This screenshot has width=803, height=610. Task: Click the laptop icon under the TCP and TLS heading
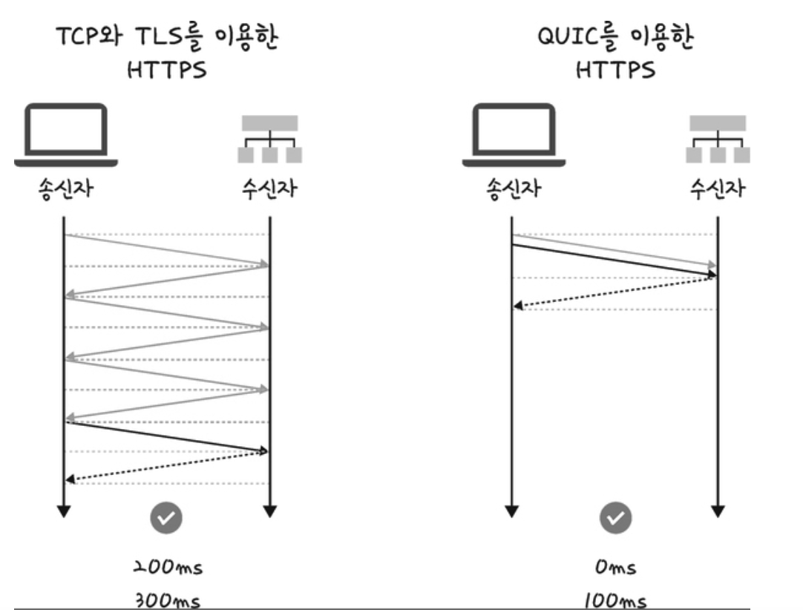point(65,135)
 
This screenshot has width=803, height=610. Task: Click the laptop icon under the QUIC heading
point(514,135)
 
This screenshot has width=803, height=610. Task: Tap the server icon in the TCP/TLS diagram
point(270,140)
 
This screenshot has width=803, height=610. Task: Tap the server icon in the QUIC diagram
point(718,140)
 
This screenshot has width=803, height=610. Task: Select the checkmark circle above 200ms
point(166,518)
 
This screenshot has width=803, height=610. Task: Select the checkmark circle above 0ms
point(615,518)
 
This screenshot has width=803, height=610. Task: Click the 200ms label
point(168,567)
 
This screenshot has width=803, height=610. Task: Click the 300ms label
point(168,600)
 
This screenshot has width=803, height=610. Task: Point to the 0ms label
point(615,567)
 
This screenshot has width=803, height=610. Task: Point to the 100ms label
point(615,600)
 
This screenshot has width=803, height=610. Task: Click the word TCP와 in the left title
point(89,36)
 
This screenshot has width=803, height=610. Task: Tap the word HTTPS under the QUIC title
point(615,70)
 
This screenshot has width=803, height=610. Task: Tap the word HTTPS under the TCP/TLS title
point(167,70)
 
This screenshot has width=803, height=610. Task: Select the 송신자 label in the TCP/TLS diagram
point(65,188)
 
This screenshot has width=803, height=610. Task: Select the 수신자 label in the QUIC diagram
point(718,188)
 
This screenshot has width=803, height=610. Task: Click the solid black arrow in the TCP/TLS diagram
point(167,436)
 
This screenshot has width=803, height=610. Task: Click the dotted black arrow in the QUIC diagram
point(615,292)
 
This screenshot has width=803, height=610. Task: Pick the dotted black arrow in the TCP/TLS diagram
point(167,466)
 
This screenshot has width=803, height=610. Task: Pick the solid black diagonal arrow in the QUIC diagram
point(614,260)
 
